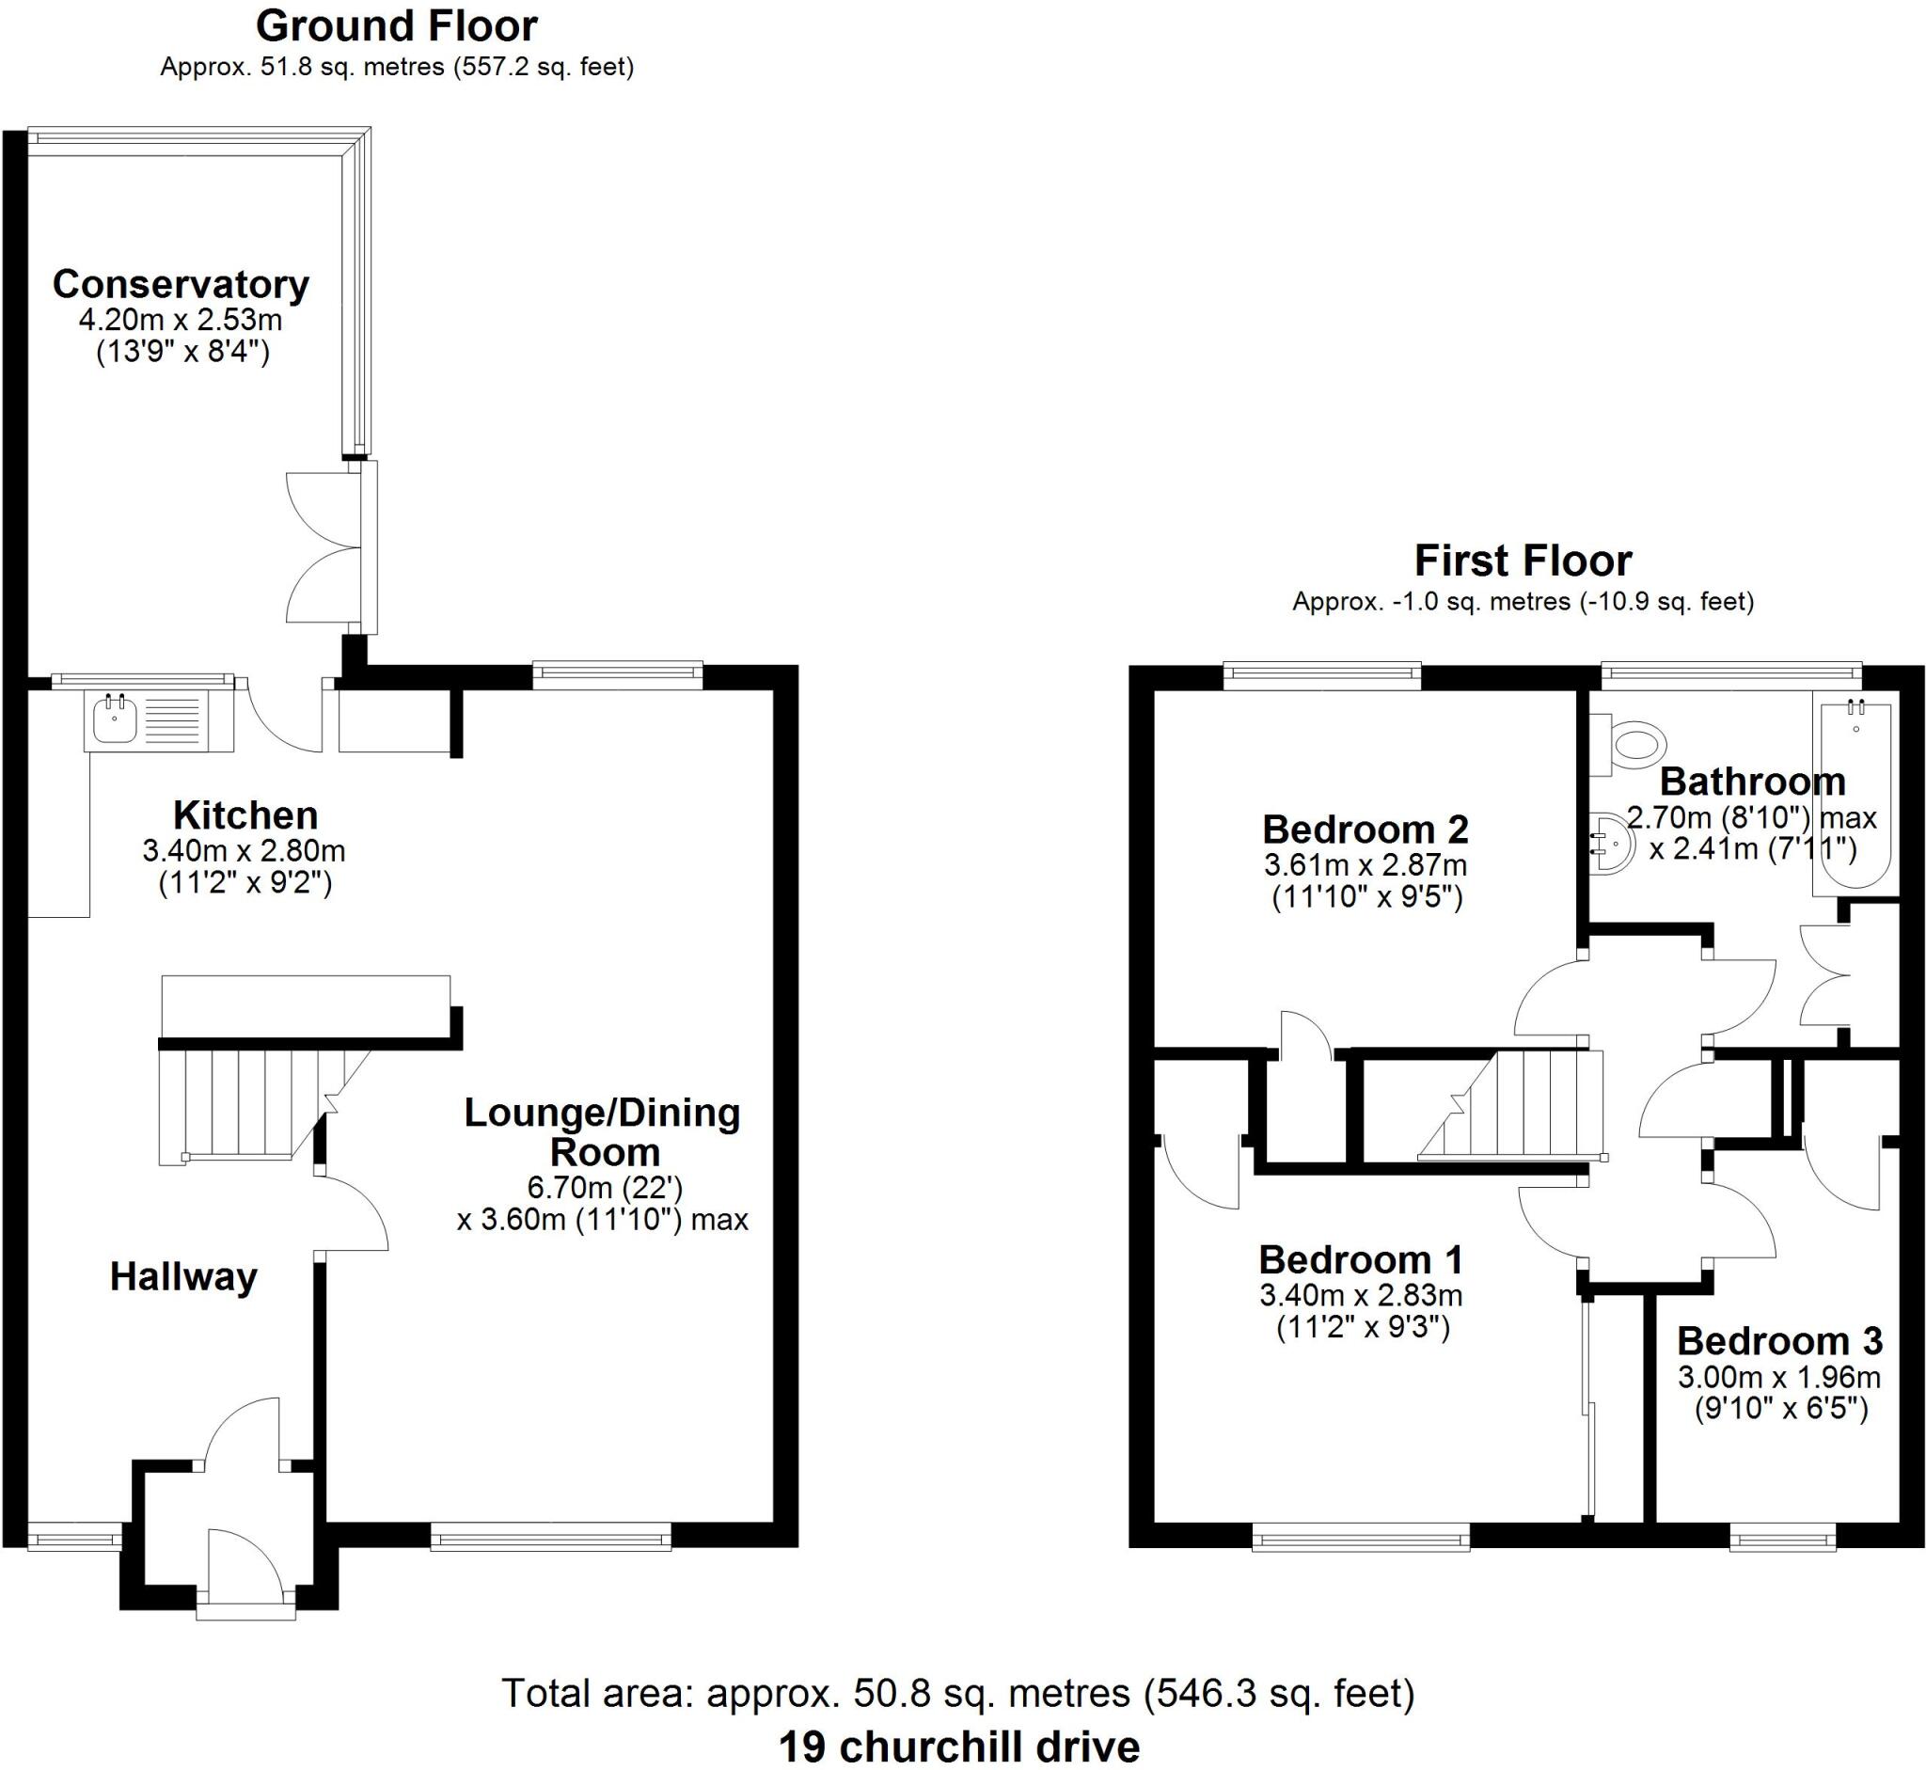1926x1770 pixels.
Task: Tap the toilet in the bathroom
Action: coord(1634,744)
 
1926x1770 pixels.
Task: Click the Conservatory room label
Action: coord(181,284)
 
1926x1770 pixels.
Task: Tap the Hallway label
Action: coord(183,1277)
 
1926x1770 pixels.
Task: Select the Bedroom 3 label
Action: coord(1778,1341)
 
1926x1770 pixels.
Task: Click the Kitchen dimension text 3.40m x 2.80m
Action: coord(245,850)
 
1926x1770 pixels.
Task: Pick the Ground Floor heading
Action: coord(397,25)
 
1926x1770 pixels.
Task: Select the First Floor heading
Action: coord(1522,561)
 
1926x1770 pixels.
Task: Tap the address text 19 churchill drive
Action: coord(958,1746)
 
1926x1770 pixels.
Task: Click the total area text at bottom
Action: coord(957,1694)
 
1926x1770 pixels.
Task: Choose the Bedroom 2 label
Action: coord(1365,830)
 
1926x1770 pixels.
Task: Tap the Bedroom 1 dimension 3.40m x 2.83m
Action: coord(1360,1296)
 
